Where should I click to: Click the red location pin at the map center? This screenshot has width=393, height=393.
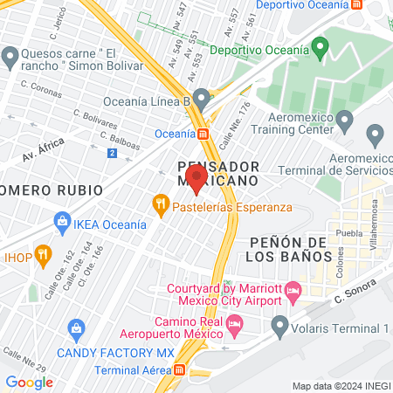[x=196, y=177]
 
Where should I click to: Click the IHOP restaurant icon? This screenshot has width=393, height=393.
[x=9, y=258]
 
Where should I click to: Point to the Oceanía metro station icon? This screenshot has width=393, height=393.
[x=203, y=134]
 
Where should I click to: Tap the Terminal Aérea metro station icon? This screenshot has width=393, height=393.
[x=180, y=370]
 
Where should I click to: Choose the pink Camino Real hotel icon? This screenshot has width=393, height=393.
[x=234, y=326]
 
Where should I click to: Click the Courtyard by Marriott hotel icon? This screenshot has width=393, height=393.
[x=294, y=289]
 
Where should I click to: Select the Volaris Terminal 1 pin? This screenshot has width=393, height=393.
[x=280, y=328]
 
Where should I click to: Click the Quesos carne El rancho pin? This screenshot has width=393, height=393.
[x=10, y=58]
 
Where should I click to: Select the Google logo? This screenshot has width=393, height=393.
[x=29, y=382]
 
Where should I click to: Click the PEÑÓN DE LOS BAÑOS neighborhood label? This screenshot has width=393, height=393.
[x=287, y=249]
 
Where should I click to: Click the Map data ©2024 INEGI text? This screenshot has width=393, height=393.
[x=340, y=386]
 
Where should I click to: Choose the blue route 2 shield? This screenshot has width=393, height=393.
[x=112, y=154]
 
